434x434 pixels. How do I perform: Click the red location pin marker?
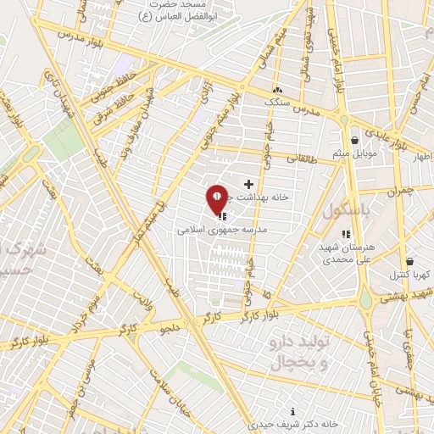[217, 199]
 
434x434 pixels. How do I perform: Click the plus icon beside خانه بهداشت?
[248, 184]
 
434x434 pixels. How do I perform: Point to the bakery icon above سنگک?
[276, 89]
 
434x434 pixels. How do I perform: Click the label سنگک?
[276, 101]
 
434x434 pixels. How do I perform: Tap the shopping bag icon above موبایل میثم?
[354, 140]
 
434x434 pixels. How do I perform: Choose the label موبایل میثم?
[353, 153]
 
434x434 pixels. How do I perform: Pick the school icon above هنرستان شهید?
[345, 234]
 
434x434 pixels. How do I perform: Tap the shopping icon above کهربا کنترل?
[410, 262]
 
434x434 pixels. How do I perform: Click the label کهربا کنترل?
[410, 275]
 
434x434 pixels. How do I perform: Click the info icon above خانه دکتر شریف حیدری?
[293, 411]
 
